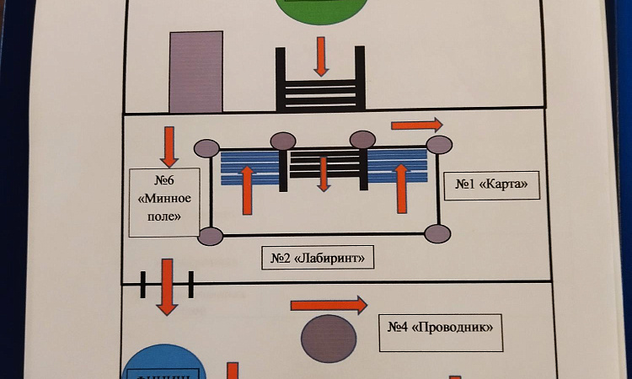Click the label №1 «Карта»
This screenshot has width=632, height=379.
pyautogui.click(x=496, y=184)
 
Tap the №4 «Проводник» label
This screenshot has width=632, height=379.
pyautogui.click(x=439, y=326)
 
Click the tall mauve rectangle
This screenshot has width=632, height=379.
pyautogui.click(x=196, y=72)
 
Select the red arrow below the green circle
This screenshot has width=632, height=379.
pyautogui.click(x=320, y=56)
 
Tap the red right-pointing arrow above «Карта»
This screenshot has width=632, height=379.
pyautogui.click(x=416, y=125)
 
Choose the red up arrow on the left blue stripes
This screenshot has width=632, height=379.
pyautogui.click(x=247, y=189)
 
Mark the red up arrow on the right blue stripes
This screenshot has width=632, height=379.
pyautogui.click(x=401, y=188)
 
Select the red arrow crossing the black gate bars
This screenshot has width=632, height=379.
pyautogui.click(x=168, y=286)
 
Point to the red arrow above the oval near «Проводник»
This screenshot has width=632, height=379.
pyautogui.click(x=329, y=304)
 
